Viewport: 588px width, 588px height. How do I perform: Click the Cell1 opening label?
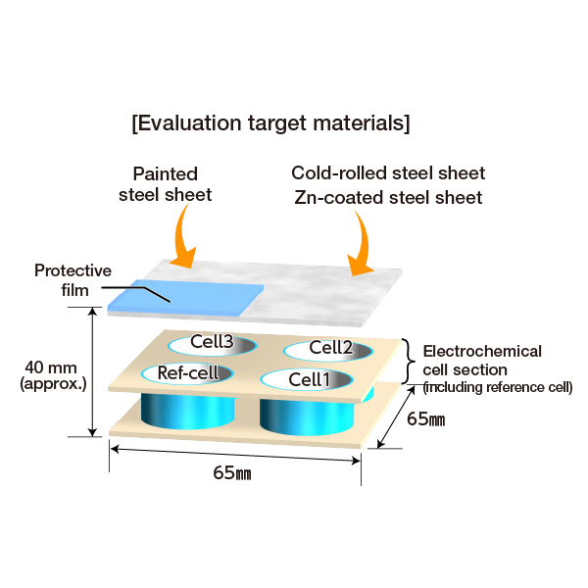[x=310, y=379]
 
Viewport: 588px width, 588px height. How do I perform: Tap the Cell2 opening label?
[x=331, y=348]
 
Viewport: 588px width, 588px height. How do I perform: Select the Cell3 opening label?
[x=212, y=341]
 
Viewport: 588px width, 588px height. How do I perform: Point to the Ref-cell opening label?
[x=188, y=372]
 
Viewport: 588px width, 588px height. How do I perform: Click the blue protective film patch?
[x=185, y=297]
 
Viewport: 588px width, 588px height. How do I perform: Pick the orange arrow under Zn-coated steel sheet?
[x=360, y=244]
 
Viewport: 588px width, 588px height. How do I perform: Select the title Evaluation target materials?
[x=270, y=123]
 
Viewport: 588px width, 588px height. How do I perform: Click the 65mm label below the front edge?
[x=232, y=473]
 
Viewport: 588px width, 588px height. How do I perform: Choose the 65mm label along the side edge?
[x=426, y=418]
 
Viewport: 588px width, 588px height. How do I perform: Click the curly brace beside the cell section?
[x=409, y=362]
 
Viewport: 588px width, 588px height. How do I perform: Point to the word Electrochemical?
[x=482, y=352]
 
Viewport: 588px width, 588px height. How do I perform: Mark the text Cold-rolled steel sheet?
[x=388, y=173]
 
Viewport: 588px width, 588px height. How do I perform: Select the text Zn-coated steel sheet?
[x=388, y=198]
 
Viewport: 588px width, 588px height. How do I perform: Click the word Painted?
[x=166, y=174]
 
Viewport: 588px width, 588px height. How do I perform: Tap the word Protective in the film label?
[x=73, y=270]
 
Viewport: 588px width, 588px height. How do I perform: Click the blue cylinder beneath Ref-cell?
[x=187, y=411]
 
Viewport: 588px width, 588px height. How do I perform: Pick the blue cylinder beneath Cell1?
[x=307, y=416]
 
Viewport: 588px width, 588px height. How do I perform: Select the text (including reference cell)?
[x=498, y=387]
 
